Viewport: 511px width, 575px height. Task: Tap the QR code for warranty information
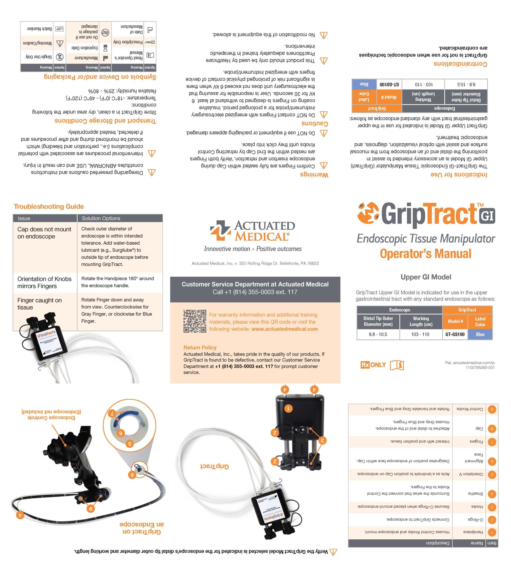tap(195, 321)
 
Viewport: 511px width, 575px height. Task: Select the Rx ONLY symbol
tap(373, 365)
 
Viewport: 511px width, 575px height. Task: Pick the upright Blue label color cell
tap(480, 334)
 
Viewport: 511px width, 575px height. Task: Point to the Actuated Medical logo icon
tap(220, 231)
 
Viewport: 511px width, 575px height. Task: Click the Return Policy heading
tap(200, 347)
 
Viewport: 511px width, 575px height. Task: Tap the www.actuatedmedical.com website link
tap(285, 329)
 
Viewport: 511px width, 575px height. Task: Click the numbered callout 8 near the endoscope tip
tap(132, 475)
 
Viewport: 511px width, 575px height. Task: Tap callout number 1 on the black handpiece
tap(288, 408)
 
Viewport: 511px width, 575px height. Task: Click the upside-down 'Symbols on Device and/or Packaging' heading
tap(100, 77)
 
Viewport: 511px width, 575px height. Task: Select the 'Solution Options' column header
tap(101, 218)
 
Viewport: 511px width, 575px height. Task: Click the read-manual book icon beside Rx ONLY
tap(397, 365)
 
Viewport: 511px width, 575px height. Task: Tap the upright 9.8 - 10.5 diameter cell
tap(378, 334)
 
